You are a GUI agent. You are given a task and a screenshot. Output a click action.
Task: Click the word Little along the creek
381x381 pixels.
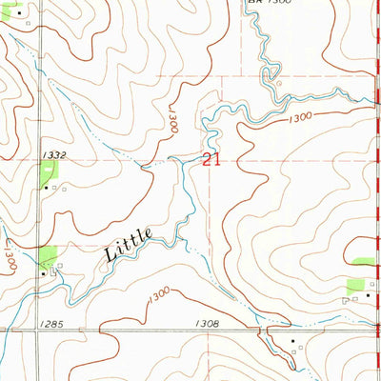click(126, 249)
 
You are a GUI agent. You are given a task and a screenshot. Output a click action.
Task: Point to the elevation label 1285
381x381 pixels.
click(53, 325)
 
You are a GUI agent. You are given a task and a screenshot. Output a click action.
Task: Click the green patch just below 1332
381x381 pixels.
click(48, 170)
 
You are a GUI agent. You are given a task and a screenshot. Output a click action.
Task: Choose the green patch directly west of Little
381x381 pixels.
click(45, 254)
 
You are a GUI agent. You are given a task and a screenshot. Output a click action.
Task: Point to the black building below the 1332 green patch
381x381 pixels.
click(44, 188)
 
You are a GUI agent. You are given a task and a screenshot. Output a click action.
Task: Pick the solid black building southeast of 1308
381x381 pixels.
click(293, 340)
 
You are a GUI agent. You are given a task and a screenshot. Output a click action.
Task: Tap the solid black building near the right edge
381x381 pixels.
click(368, 297)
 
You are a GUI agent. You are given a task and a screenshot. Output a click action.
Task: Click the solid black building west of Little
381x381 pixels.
click(44, 272)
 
